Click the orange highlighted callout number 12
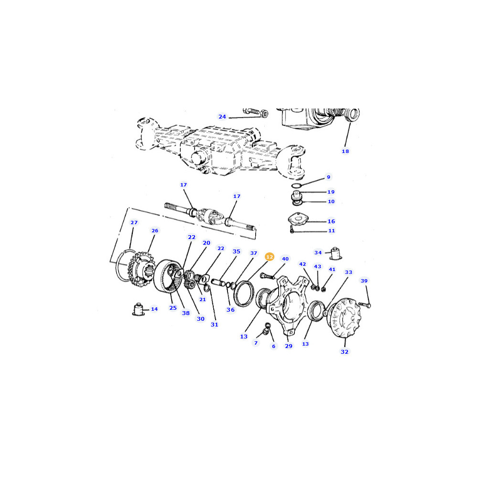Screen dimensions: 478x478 pyautogui.click(x=270, y=257)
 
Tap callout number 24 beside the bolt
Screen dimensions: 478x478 pyautogui.click(x=222, y=117)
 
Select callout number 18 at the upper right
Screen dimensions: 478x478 pyautogui.click(x=345, y=151)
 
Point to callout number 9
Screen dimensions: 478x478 pyautogui.click(x=328, y=177)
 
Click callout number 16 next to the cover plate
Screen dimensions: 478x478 pyautogui.click(x=331, y=221)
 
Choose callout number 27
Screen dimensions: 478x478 pyautogui.click(x=134, y=223)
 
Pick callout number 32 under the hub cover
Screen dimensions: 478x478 pyautogui.click(x=345, y=352)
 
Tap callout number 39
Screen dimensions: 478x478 pyautogui.click(x=364, y=281)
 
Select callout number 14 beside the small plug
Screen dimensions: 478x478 pyautogui.click(x=154, y=309)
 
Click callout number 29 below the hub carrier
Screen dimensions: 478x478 pyautogui.click(x=288, y=346)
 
